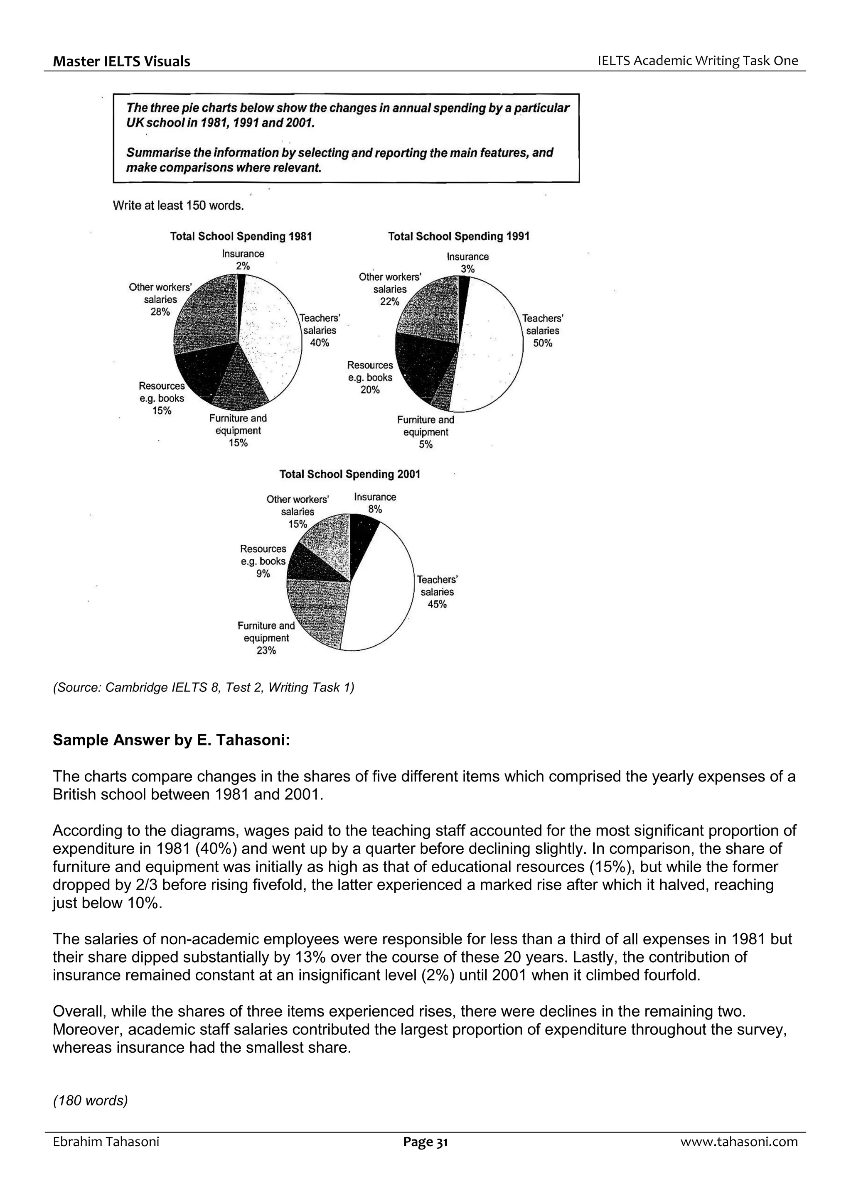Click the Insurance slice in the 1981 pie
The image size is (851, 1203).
pyautogui.click(x=241, y=296)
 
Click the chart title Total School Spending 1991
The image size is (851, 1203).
pyautogui.click(x=459, y=236)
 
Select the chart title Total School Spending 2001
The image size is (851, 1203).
pyautogui.click(x=350, y=474)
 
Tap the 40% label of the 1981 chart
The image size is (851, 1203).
pyautogui.click(x=319, y=343)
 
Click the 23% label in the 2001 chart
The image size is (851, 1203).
pyautogui.click(x=266, y=651)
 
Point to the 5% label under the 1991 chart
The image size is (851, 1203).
pyautogui.click(x=426, y=445)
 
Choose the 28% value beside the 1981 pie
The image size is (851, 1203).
pyautogui.click(x=160, y=312)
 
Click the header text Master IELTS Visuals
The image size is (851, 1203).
pyautogui.click(x=122, y=61)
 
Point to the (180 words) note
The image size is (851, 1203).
pyautogui.click(x=90, y=1100)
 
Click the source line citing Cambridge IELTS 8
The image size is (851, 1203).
pyautogui.click(x=204, y=687)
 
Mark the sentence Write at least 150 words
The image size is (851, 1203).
pyautogui.click(x=178, y=206)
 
